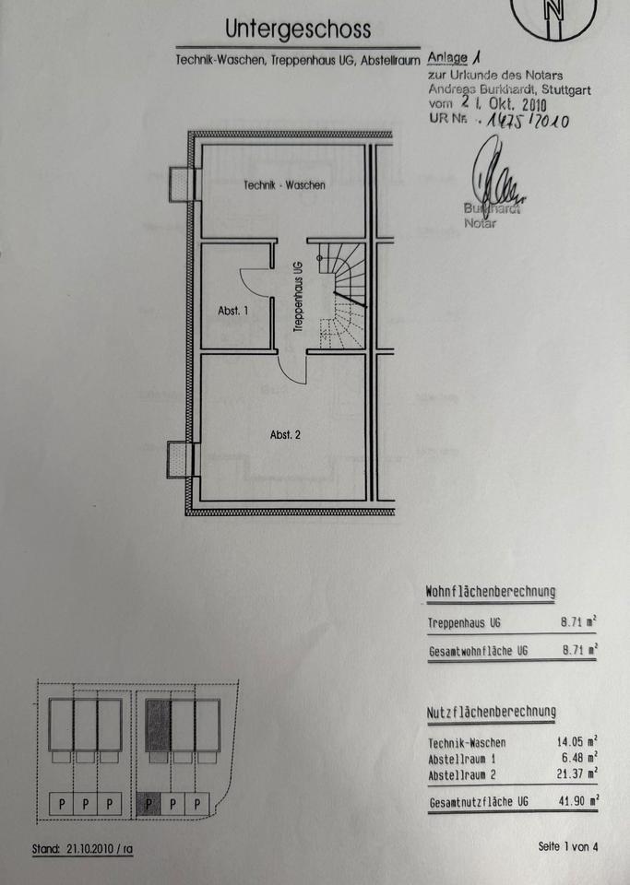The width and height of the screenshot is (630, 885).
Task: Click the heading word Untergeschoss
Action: pos(298,29)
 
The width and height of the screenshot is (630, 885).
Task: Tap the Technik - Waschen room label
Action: pos(284,184)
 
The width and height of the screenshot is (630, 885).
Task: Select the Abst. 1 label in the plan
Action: pos(232,311)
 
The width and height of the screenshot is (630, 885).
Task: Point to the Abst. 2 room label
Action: pos(285,434)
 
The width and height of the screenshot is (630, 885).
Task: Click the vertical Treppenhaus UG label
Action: pos(298,296)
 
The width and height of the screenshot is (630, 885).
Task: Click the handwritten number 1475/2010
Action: pos(529,120)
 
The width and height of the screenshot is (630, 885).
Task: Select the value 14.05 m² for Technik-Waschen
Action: pos(577,741)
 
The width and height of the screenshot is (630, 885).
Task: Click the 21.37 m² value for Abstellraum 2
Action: pos(577,773)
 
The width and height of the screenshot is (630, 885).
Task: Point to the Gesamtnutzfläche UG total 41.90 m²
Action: pos(578,801)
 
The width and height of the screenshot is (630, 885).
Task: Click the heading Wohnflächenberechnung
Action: pos(491,592)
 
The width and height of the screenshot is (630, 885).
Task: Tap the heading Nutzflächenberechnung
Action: pos(491,713)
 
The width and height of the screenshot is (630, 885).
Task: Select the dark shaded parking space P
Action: pos(149,804)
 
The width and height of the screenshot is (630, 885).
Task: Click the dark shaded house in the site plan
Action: pos(158,726)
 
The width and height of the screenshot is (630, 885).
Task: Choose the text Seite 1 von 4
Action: pos(568,846)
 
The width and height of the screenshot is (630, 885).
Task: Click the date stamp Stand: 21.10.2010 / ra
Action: pos(82,848)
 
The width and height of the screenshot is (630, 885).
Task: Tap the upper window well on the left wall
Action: pos(181,184)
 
